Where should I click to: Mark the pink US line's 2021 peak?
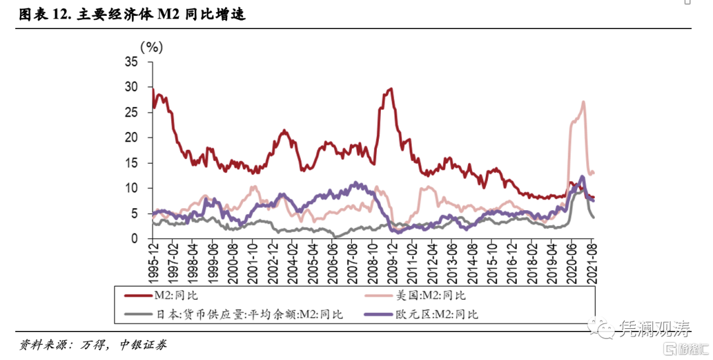(x=584, y=102)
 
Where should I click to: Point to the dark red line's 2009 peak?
(x=391, y=89)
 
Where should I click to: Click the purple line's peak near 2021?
(x=582, y=176)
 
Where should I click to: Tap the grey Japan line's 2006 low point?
(x=335, y=236)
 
